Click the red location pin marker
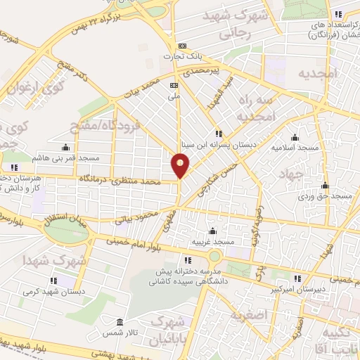(181, 166)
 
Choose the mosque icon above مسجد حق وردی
(324, 186)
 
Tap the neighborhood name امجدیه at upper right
(318, 73)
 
